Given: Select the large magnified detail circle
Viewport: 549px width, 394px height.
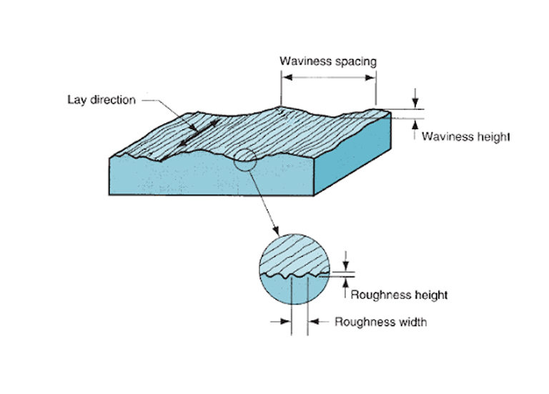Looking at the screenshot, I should click(293, 271).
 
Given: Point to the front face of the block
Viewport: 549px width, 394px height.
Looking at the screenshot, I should click(207, 179).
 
